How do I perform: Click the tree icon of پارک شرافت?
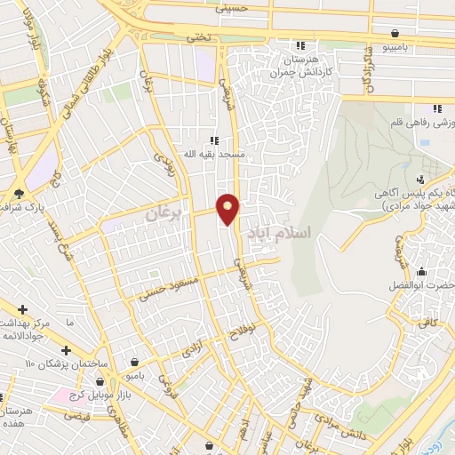tap(19, 194)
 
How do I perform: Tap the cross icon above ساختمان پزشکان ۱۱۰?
tap(68, 350)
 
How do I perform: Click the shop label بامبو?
tap(133, 377)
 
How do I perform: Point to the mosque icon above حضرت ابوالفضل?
tap(420, 271)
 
